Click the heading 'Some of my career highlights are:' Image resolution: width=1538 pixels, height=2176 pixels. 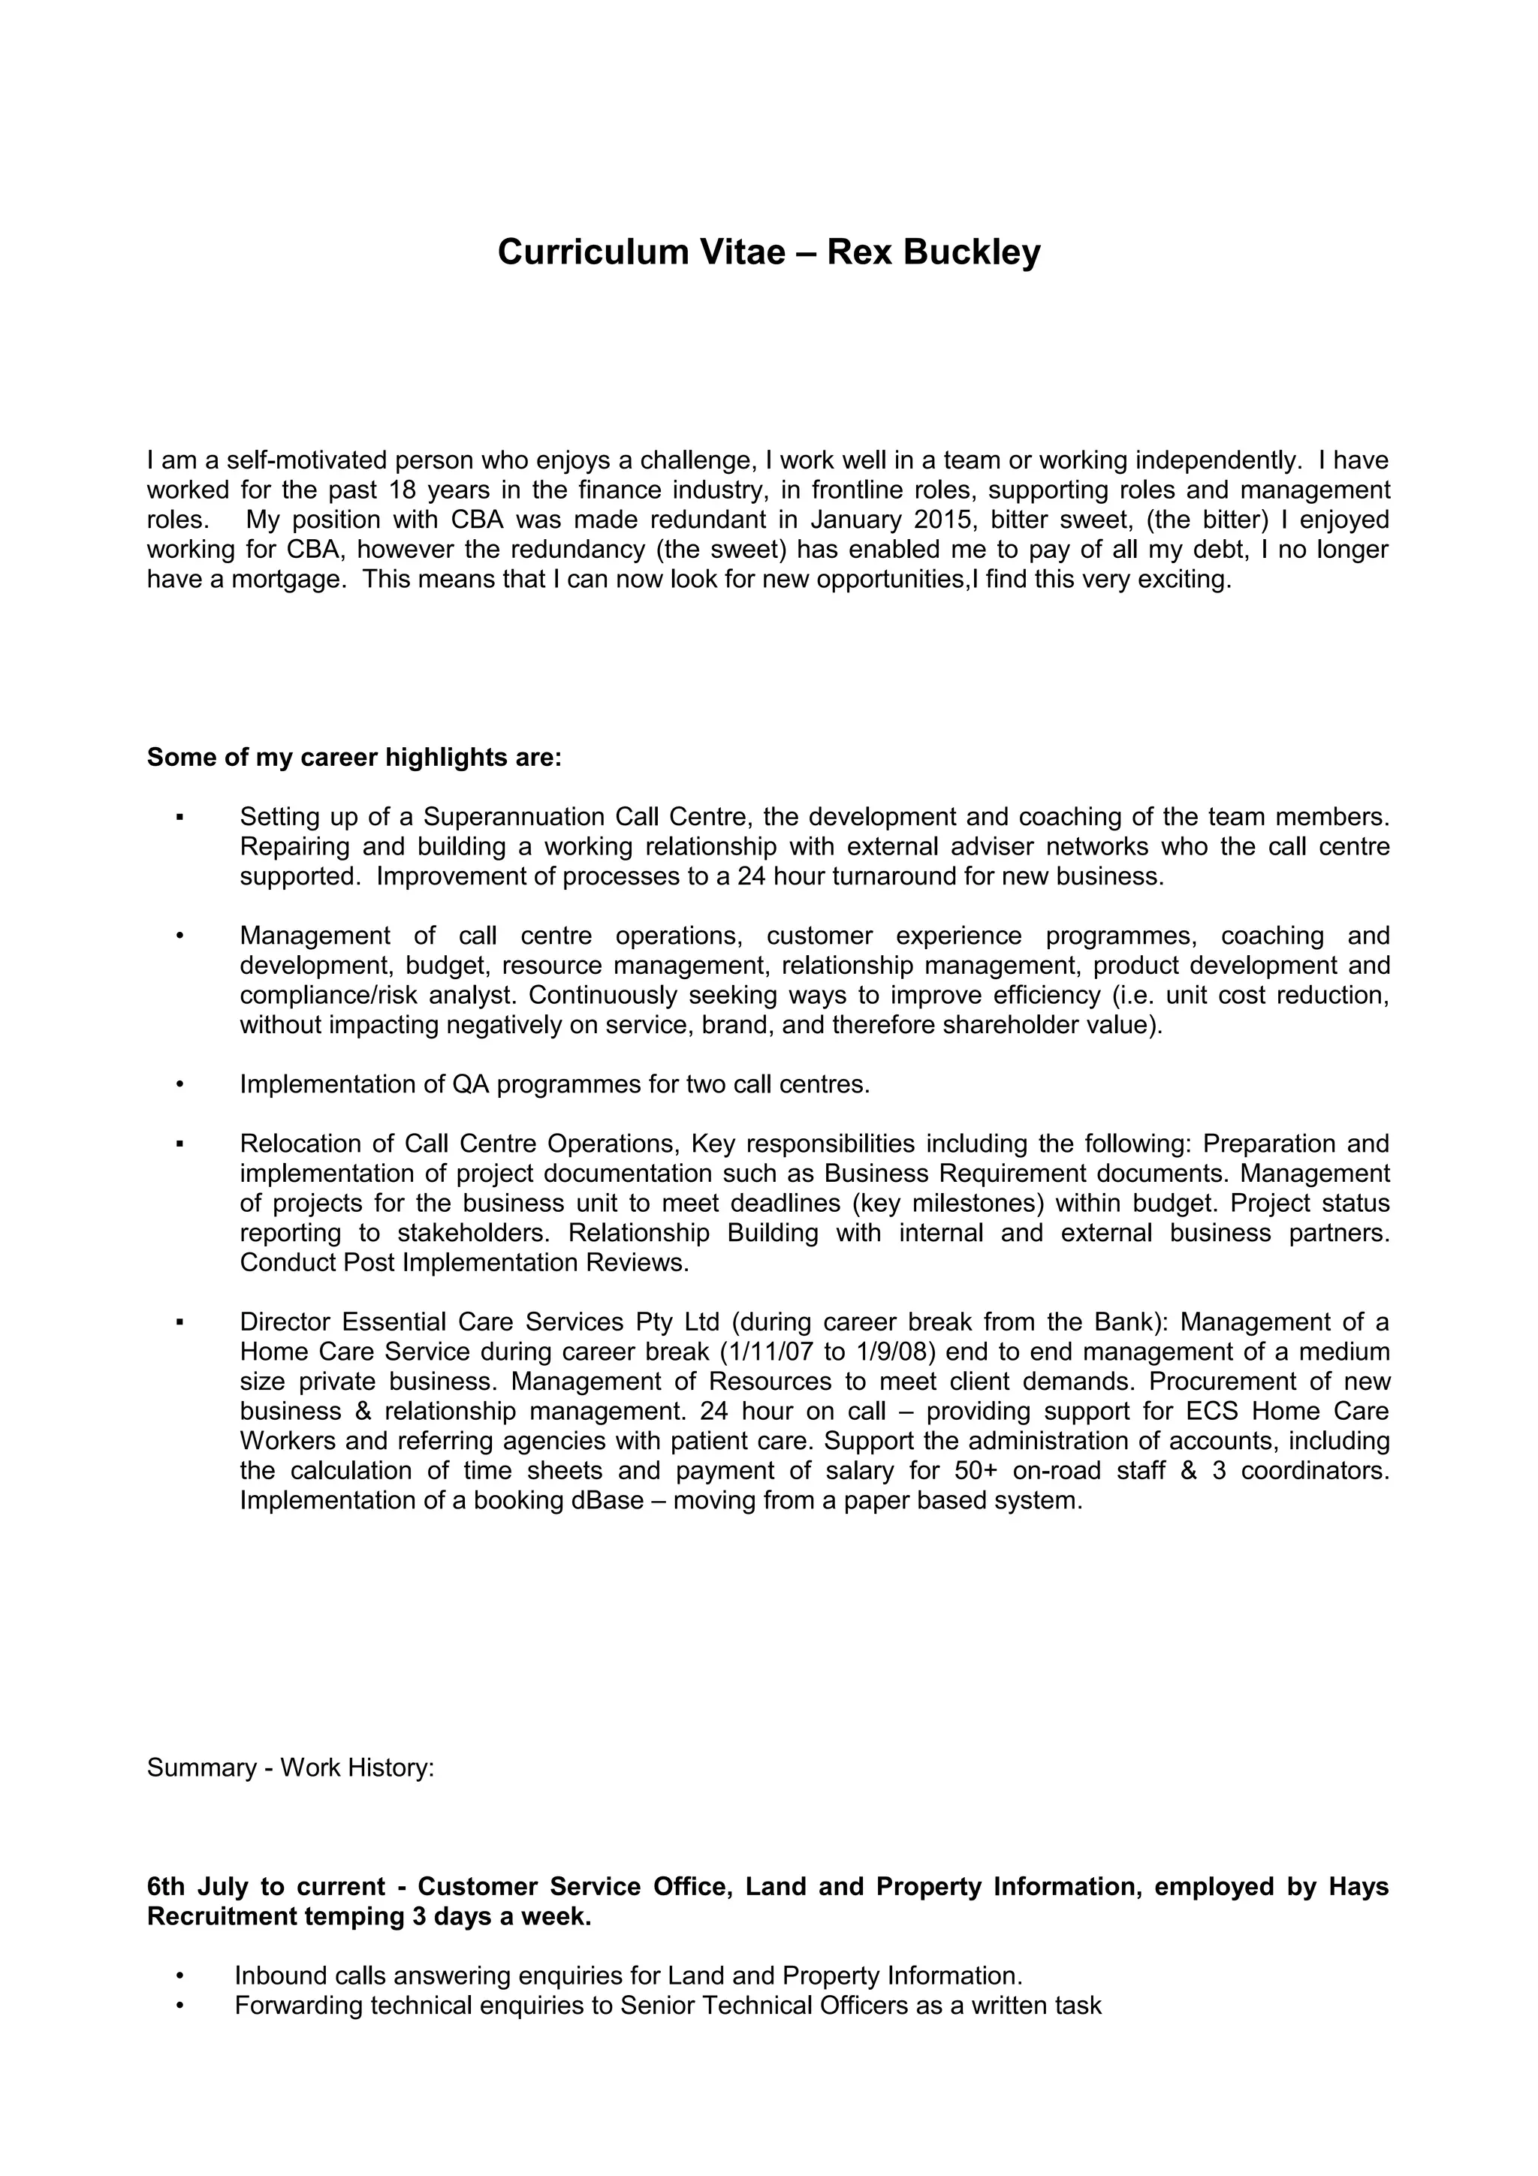(x=354, y=758)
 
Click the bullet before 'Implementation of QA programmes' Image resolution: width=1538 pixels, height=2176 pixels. (x=178, y=1084)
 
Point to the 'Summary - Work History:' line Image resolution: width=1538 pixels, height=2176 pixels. (x=290, y=1768)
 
